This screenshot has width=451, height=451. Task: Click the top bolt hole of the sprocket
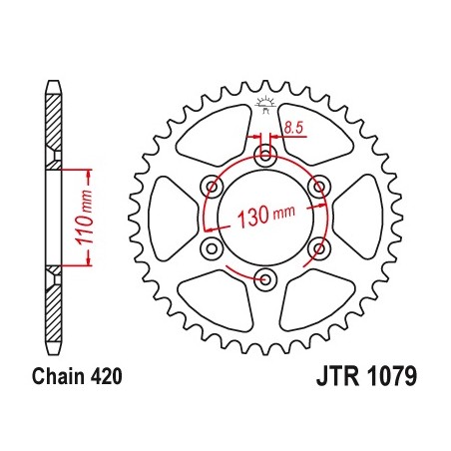(265, 155)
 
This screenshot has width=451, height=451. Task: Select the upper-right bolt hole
(318, 185)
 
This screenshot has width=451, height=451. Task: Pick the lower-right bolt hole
(318, 246)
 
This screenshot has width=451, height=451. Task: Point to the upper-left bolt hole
(212, 185)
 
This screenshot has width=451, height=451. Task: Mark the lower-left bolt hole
(212, 246)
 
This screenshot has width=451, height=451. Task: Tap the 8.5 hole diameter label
(293, 127)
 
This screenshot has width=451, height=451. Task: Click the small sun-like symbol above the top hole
(265, 104)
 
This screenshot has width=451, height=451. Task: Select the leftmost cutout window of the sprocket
(172, 216)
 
